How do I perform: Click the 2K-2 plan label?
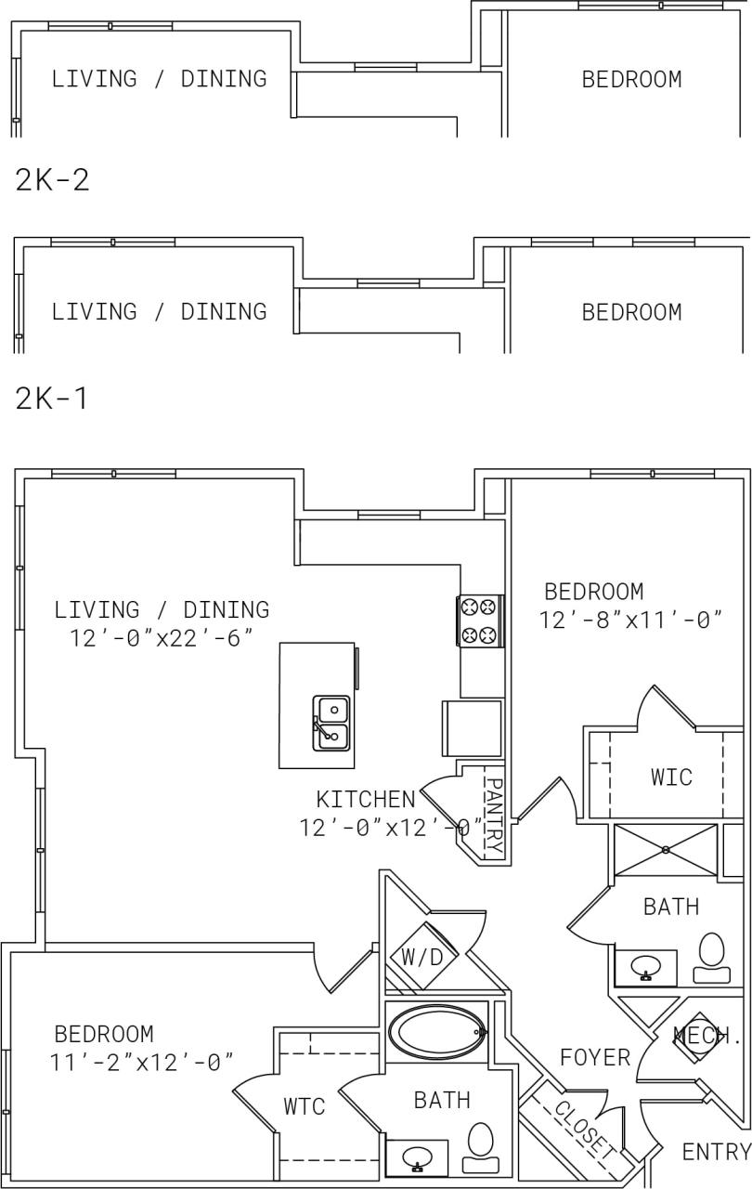[x=52, y=179]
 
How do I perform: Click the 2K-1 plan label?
[x=52, y=399]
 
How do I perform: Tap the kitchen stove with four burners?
[x=481, y=621]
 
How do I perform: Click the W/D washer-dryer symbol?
[x=421, y=957]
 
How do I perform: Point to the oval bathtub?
[x=436, y=1031]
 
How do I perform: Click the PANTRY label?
[x=493, y=816]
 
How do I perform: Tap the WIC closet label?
[x=670, y=777]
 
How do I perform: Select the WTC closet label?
[x=304, y=1106]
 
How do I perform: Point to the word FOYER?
[x=595, y=1057]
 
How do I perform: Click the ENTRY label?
[x=715, y=1152]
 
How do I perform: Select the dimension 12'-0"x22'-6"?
[x=162, y=637]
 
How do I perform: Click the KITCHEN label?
[x=365, y=799]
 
